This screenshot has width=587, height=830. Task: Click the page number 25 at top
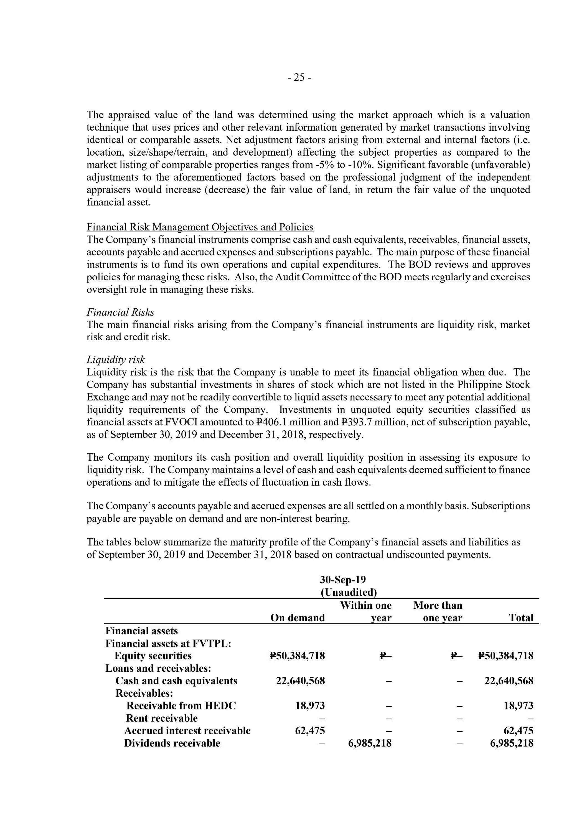point(299,78)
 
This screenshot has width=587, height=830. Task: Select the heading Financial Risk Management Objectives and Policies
point(200,227)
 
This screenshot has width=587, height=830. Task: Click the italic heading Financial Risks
point(120,312)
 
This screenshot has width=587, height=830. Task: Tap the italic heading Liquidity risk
point(116,359)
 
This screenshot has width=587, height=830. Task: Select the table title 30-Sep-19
point(343,580)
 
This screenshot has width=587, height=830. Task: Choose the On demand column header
point(298,618)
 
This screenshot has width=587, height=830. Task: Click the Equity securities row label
point(153,656)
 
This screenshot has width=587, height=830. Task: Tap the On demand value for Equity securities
point(297,656)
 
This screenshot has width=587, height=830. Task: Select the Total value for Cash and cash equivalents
point(509,681)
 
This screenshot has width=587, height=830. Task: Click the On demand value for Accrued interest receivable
point(310,731)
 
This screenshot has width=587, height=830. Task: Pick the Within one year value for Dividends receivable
point(370,743)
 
